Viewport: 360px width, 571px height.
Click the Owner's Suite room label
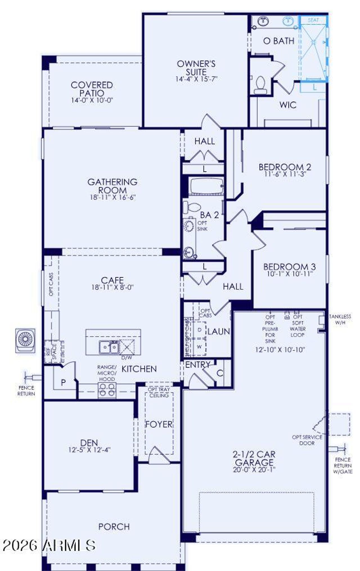coord(196,68)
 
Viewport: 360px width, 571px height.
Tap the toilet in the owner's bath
coord(260,85)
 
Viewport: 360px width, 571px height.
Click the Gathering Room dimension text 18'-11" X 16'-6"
coord(112,197)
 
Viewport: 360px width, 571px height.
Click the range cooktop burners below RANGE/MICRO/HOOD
coord(107,390)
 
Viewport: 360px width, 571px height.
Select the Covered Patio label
coord(92,89)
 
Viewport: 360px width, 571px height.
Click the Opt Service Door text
coord(307,440)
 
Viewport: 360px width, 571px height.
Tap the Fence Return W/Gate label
coord(343,466)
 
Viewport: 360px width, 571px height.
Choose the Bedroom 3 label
coord(289,266)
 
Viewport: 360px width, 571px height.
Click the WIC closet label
coord(288,105)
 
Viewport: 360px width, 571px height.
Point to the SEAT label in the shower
coord(313,20)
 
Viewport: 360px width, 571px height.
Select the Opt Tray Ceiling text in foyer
coord(159,392)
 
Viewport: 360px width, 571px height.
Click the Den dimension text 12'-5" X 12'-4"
coord(89,450)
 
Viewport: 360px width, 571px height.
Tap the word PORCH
coord(114,527)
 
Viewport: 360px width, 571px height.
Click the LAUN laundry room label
coord(219,331)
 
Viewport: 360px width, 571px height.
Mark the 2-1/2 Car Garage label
coord(254,458)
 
